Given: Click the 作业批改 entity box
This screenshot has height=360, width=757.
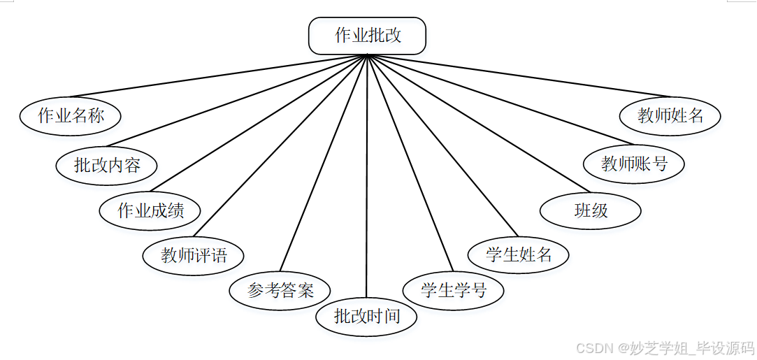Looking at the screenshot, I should point(367,36).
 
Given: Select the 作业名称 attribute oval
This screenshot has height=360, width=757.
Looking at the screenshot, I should point(70,116).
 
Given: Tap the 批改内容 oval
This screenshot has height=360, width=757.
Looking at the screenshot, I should point(107,165).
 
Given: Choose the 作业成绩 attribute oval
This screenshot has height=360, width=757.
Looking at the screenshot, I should point(150,210).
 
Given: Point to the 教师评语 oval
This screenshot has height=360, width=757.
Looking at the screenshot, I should point(194,255).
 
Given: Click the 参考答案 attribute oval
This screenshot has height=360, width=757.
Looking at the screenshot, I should point(280,290).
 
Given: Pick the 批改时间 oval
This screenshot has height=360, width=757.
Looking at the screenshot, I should point(366,316).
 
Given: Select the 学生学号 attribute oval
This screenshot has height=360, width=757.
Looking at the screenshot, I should point(453,289).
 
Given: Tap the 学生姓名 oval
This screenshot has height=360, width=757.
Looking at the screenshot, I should point(519,254).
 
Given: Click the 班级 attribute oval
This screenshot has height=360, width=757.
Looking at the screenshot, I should point(591,210).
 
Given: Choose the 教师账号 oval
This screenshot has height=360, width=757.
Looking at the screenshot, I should point(634,164).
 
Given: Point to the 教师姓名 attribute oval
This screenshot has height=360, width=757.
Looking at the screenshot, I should point(670,115).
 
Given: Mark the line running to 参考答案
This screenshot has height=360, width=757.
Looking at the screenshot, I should point(324,163).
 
